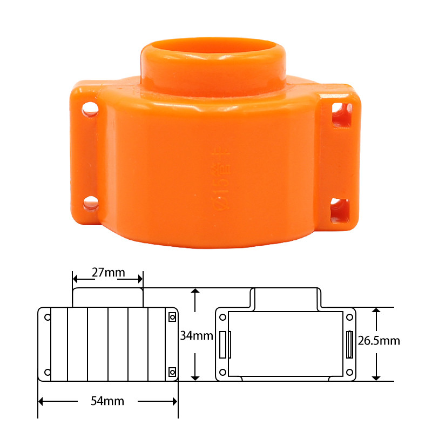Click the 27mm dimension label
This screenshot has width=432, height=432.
[x=108, y=272]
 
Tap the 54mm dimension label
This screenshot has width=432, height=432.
[x=108, y=401]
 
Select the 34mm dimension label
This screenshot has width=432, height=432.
[x=197, y=336]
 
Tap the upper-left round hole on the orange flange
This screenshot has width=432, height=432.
[x=90, y=110]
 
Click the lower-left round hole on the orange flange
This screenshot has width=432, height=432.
[x=91, y=203]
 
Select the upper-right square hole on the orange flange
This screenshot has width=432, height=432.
[x=342, y=115]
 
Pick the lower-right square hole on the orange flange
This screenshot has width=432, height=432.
[x=340, y=210]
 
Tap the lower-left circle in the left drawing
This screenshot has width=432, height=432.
[x=48, y=372]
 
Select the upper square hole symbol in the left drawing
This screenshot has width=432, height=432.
[x=172, y=317]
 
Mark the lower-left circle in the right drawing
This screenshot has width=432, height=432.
[x=222, y=372]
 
